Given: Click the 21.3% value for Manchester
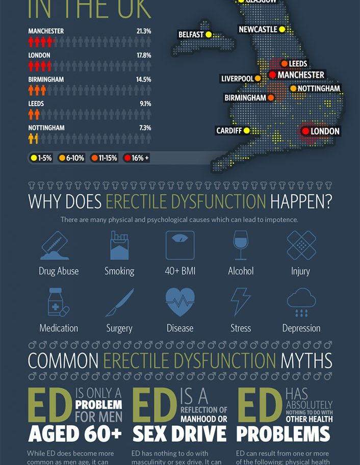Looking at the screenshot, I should [144, 31].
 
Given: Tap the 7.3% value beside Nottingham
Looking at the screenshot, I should [145, 127].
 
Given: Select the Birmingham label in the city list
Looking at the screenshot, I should [46, 80].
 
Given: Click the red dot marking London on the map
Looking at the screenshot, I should [305, 131].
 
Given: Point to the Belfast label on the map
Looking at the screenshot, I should [191, 35].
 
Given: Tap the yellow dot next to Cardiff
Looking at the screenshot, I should [247, 131].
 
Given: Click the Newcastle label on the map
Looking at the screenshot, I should [258, 30].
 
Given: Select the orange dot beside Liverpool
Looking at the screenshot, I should [258, 79].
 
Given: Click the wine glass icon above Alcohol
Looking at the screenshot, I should [240, 245].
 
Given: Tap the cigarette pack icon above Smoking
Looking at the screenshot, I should [119, 245].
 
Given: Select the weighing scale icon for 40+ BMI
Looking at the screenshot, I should [179, 245].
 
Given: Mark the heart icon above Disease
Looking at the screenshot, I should [179, 302].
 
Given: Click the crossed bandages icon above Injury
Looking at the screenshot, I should [301, 245].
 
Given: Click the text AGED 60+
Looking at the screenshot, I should [75, 434].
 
